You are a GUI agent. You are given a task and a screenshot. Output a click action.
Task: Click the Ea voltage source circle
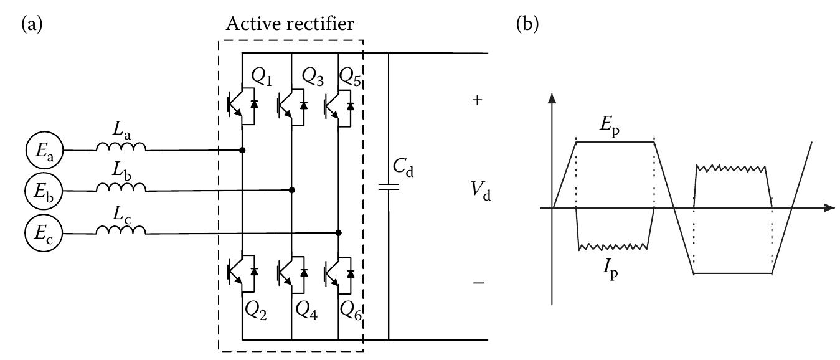coord(40,150)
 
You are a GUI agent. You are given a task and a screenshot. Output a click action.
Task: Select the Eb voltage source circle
coord(40,189)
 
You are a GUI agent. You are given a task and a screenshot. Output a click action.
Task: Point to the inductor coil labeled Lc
coord(121,230)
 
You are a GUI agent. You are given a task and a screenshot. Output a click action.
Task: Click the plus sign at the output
coord(478,100)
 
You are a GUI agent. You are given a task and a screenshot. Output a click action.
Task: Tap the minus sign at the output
coord(478,283)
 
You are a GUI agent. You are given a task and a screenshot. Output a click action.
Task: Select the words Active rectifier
coord(290,25)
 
